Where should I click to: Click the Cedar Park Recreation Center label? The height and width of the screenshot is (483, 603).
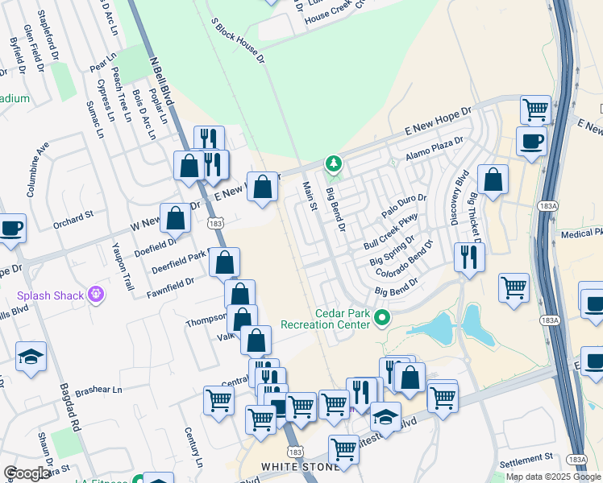(325, 319)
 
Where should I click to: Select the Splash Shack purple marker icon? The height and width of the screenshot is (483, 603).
(96, 295)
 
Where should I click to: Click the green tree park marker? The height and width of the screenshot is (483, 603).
(334, 165)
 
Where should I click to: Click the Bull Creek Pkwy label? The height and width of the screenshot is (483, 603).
(392, 230)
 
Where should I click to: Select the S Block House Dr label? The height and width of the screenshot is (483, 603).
(238, 40)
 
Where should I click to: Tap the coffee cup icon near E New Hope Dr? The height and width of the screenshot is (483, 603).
(531, 142)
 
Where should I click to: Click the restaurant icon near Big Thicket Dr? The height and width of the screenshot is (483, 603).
(468, 258)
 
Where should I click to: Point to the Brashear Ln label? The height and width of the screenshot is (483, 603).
(98, 390)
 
